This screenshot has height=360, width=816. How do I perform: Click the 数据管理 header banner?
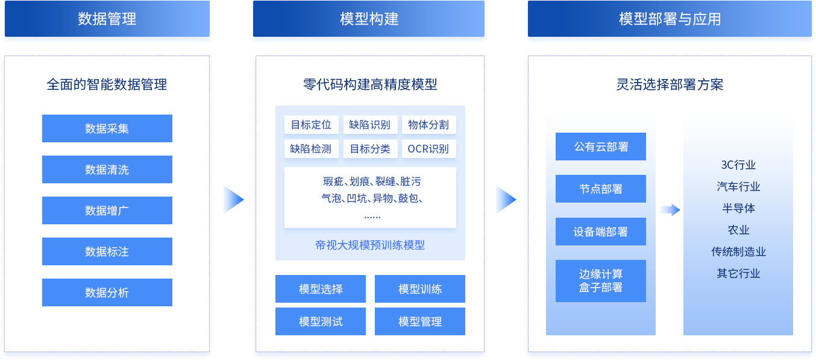[107, 19]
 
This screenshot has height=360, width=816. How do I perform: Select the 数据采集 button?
[107, 128]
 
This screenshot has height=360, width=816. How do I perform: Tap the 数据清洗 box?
[107, 169]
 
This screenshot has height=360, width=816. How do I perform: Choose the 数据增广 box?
[107, 210]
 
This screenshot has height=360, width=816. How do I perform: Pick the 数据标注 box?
[107, 251]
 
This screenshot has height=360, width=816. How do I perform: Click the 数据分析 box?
[107, 292]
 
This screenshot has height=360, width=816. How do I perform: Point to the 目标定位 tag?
[311, 125]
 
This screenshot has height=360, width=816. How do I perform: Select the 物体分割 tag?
[428, 125]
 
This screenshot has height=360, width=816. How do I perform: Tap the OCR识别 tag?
[428, 148]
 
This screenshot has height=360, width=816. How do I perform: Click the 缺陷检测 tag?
[311, 148]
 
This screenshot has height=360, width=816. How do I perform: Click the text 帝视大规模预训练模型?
[370, 245]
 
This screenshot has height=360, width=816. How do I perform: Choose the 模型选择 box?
[321, 289]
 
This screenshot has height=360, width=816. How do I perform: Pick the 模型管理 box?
[420, 321]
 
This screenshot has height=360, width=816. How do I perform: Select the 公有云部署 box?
[601, 147]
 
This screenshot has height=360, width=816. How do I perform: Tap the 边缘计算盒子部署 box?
[601, 281]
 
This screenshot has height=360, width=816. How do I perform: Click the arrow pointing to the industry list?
[670, 210]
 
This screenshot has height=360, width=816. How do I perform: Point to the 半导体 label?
[738, 208]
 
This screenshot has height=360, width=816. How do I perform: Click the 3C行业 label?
[738, 165]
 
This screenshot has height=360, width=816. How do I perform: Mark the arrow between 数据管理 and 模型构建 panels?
[233, 199]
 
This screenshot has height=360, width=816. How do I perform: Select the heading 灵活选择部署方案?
[670, 84]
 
